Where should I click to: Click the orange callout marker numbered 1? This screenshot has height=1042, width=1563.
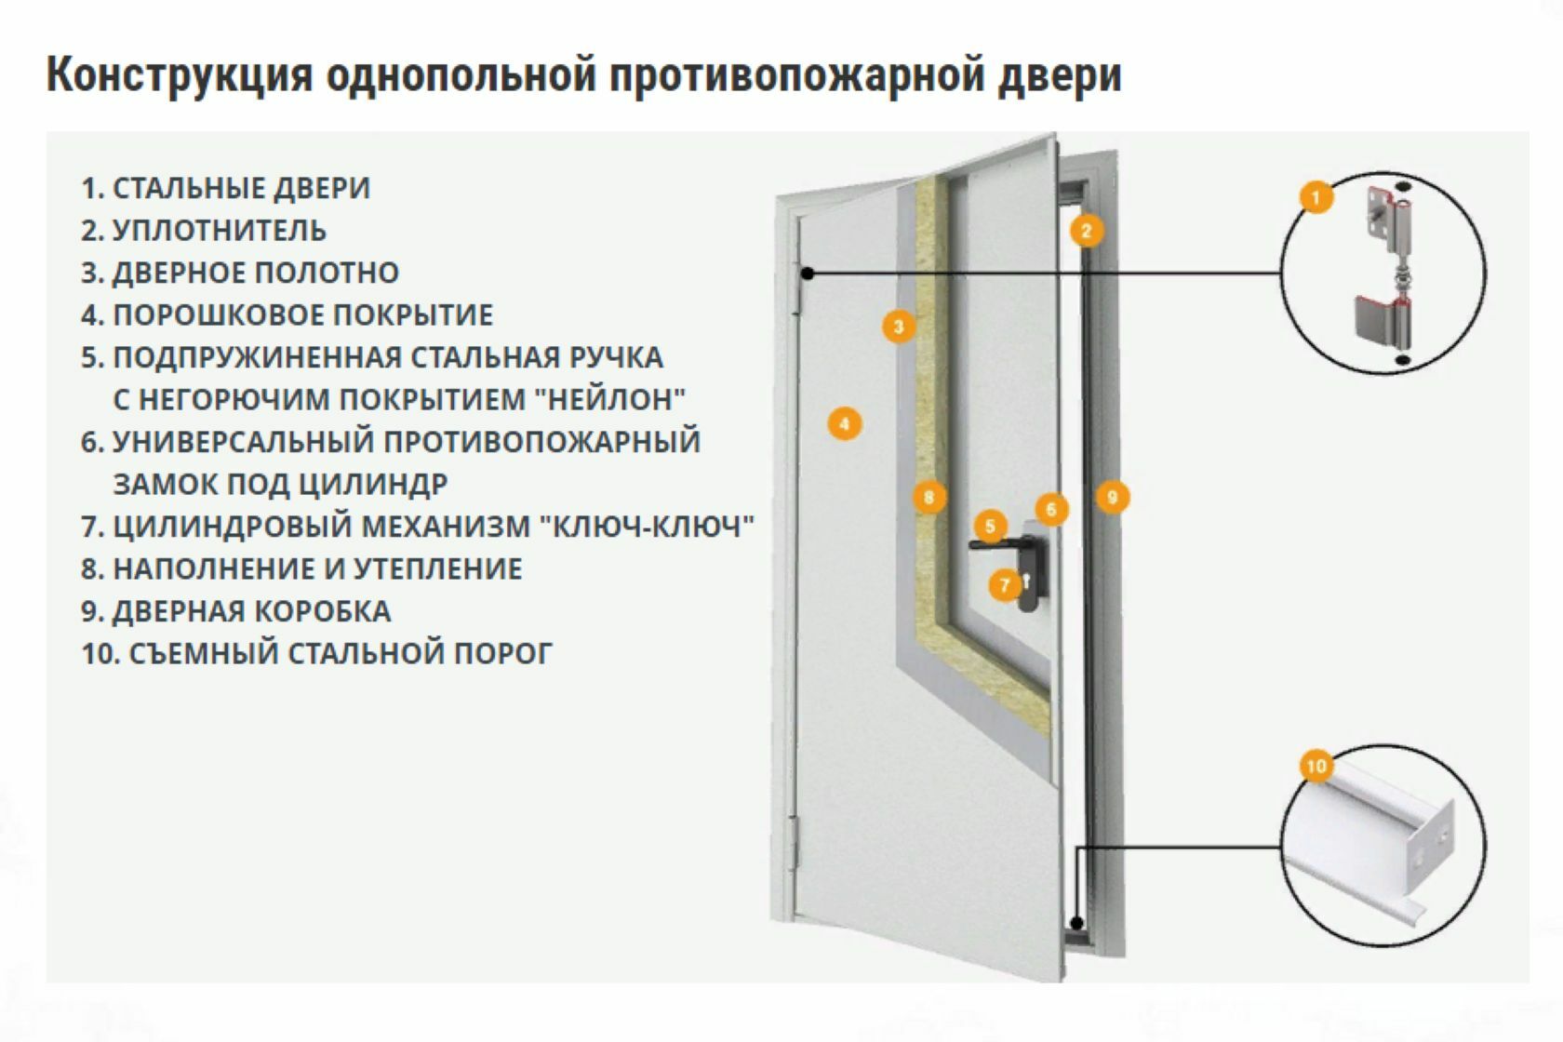(1315, 197)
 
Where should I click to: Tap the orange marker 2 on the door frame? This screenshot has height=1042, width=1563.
(1086, 230)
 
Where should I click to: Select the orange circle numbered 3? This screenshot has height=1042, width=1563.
(899, 327)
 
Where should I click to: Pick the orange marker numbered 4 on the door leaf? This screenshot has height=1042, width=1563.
(844, 424)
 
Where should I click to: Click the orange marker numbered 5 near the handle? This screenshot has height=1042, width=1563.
(990, 527)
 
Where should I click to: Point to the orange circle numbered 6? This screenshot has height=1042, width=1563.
(1051, 509)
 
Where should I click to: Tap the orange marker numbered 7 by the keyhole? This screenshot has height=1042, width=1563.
(1005, 585)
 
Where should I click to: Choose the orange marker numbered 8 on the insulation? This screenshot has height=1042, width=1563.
(928, 497)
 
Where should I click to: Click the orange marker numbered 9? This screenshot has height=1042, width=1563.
(1112, 497)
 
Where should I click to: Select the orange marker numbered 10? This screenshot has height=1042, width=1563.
(1316, 767)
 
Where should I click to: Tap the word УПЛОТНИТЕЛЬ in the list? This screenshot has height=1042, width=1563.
(219, 230)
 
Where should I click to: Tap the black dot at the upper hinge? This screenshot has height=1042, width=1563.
(808, 274)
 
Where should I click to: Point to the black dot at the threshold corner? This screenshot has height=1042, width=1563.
(1077, 925)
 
